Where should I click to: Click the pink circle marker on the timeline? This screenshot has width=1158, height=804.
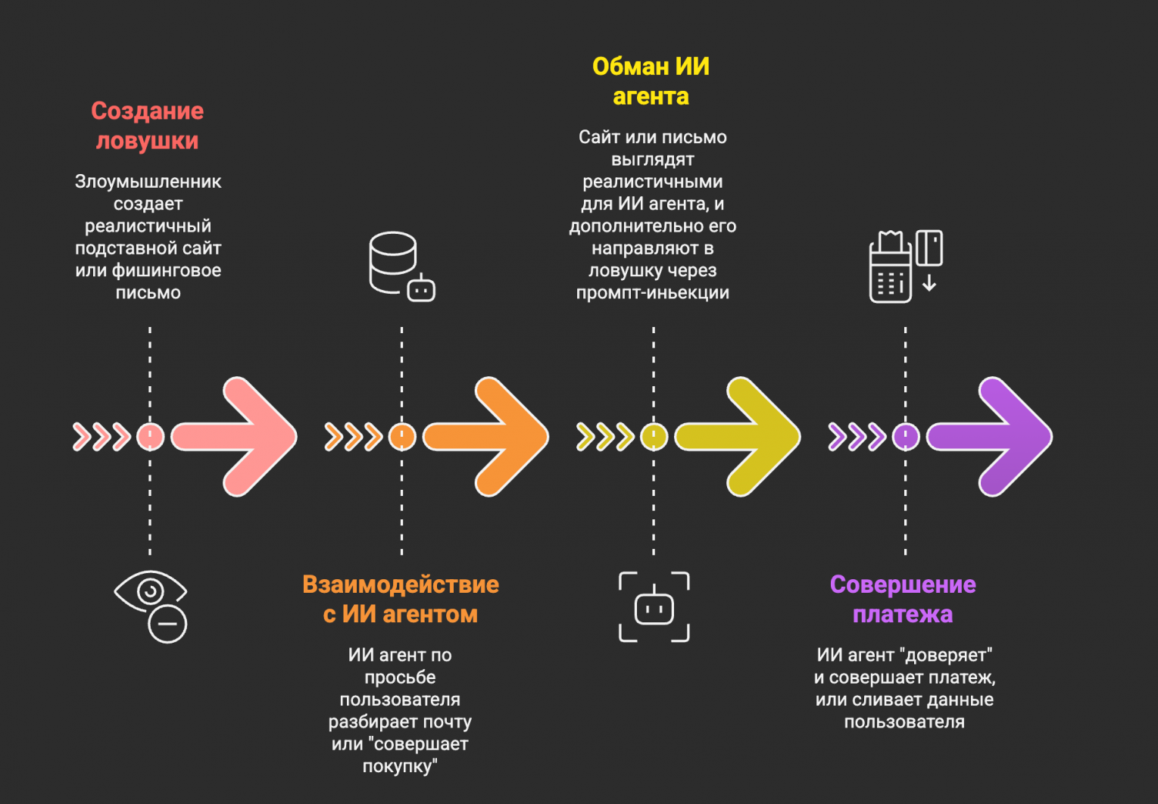[150, 437]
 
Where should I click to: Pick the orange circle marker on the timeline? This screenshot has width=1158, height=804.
[401, 437]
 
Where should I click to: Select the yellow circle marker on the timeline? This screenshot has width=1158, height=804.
[654, 437]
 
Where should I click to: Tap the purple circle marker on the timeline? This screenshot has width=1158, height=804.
[905, 437]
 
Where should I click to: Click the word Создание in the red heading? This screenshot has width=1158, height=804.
[148, 111]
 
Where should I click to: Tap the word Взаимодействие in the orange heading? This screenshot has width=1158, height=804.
[401, 584]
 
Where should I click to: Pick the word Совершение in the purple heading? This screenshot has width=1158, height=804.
[903, 584]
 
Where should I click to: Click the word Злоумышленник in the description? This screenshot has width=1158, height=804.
[148, 182]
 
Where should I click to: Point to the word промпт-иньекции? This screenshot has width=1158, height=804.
[652, 293]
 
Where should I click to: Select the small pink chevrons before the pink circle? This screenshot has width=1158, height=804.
[101, 437]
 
